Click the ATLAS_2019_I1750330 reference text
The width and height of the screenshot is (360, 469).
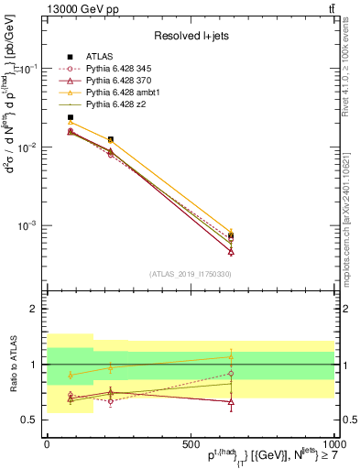click(x=191, y=274)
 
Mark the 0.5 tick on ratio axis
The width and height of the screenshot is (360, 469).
click(x=28, y=420)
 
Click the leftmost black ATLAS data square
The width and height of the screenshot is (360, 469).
click(x=71, y=117)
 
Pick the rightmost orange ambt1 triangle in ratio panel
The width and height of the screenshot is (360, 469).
click(x=231, y=357)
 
